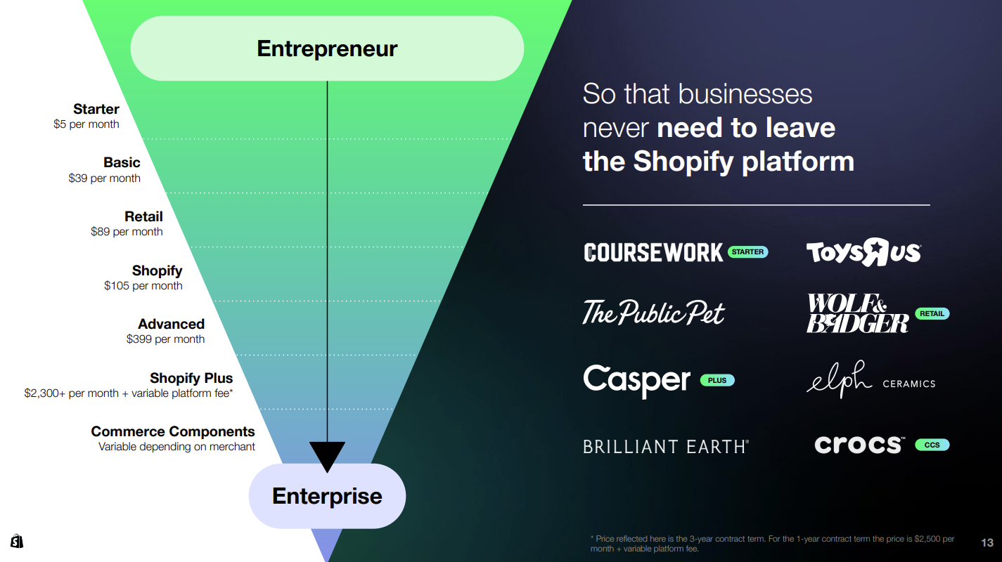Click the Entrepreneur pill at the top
coord(327,48)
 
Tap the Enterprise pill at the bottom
coord(327,496)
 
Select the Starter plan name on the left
coord(96,109)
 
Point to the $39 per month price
coord(104,178)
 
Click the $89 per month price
coord(127,231)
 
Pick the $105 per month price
coord(143,285)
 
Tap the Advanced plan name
coord(171,324)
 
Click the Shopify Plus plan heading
coord(191,378)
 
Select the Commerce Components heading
coord(173,431)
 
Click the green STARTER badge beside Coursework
coord(747,252)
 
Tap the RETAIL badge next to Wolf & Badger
coord(932,313)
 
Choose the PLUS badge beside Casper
coord(717,380)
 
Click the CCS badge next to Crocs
coord(932,445)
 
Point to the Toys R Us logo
coord(863,252)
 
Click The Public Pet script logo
coord(653,313)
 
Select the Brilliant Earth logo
coord(666,447)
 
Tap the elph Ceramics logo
coord(871,380)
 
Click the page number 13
coord(987,543)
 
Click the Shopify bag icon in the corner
coord(17,541)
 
